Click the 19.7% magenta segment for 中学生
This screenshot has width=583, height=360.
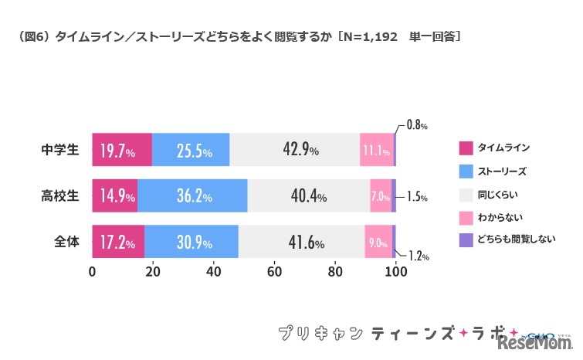click(x=122, y=150)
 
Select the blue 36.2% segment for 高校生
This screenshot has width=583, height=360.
click(x=192, y=196)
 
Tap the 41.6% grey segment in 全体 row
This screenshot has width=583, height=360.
click(x=301, y=242)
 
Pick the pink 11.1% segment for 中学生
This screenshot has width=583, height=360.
click(x=377, y=150)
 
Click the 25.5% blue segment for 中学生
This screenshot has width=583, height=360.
click(x=191, y=150)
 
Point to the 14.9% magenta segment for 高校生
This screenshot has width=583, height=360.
click(x=114, y=196)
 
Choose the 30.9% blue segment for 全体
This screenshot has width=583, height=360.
click(x=191, y=242)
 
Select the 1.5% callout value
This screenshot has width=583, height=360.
click(x=416, y=197)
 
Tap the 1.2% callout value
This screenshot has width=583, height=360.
click(x=417, y=254)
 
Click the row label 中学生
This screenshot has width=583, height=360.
click(x=60, y=150)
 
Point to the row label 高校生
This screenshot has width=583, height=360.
click(x=60, y=196)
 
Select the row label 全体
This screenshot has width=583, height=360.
click(x=66, y=242)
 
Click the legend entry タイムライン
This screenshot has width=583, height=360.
click(x=503, y=147)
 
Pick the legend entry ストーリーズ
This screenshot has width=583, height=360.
click(x=503, y=170)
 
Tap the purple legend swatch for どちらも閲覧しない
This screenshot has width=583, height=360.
click(x=466, y=240)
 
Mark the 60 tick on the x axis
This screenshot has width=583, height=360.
click(x=274, y=272)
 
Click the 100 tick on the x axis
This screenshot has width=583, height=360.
click(x=396, y=272)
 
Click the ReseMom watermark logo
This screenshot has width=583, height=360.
click(x=537, y=341)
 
